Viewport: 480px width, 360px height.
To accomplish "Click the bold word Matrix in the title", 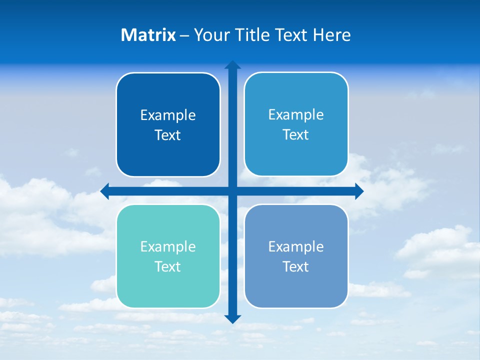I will pyautogui.click(x=148, y=35).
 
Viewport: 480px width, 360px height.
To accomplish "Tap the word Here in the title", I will pyautogui.click(x=331, y=35).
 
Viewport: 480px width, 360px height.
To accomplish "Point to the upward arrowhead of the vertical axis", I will pyautogui.click(x=232, y=64).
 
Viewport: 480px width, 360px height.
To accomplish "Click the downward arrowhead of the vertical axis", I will pyautogui.click(x=232, y=318).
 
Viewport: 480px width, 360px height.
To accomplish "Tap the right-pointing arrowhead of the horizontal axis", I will pyautogui.click(x=359, y=191).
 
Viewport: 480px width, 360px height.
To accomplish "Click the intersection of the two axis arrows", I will pyautogui.click(x=232, y=191).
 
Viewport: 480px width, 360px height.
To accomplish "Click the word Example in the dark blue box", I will pyautogui.click(x=168, y=115).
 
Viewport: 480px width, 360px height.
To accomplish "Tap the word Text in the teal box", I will pyautogui.click(x=168, y=266).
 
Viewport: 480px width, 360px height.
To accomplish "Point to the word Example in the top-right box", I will pyautogui.click(x=296, y=115).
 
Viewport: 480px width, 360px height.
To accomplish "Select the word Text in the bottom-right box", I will pyautogui.click(x=296, y=266).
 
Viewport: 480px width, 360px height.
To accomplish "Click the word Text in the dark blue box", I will pyautogui.click(x=168, y=135).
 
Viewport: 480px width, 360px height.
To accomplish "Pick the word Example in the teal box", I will pyautogui.click(x=168, y=247).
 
